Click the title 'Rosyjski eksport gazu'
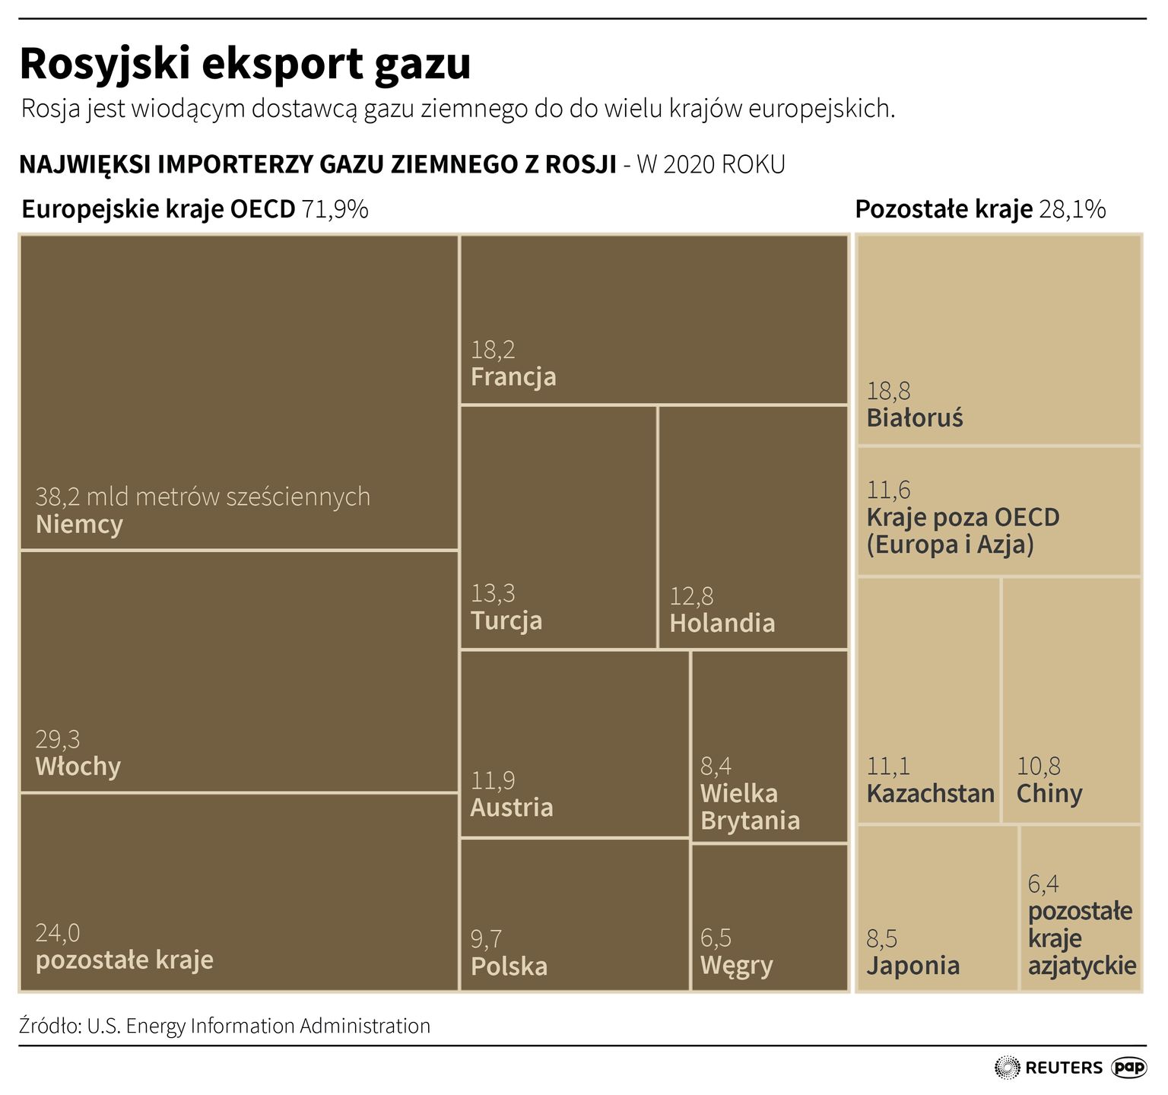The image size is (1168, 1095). tap(245, 64)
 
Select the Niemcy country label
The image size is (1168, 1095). tap(79, 525)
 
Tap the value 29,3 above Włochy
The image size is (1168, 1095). tap(57, 739)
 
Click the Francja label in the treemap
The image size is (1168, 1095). tap(513, 377)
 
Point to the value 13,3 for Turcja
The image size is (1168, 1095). tap(492, 593)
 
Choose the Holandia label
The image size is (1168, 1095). tap(722, 624)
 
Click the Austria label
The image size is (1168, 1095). tap(511, 808)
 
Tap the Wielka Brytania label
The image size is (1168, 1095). tap(749, 808)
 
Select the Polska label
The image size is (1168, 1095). tap(509, 966)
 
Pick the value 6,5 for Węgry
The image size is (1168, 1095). tap(716, 938)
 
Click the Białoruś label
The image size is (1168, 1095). tap(914, 418)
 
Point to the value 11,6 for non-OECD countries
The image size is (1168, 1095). tap(888, 490)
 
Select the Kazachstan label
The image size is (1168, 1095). tap(930, 794)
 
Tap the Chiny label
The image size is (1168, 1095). tap(1049, 794)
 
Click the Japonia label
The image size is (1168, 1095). tap(912, 966)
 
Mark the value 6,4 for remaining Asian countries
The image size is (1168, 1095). tap(1043, 884)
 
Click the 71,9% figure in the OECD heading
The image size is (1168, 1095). tap(335, 209)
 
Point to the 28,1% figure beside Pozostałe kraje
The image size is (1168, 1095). tap(1071, 209)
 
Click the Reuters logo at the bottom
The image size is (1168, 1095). tap(1049, 1068)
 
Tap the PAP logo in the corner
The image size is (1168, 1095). tap(1129, 1068)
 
